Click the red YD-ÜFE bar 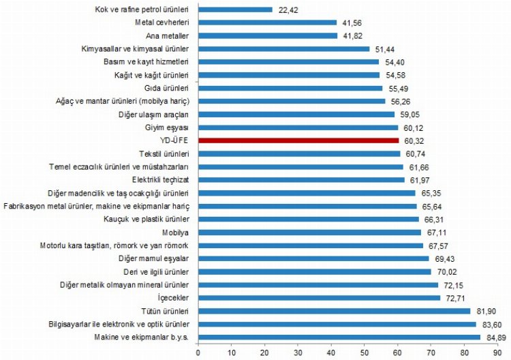[x=298, y=140]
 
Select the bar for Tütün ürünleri [x=334, y=311]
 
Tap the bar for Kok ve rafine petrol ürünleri [x=235, y=10]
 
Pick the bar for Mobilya [x=309, y=232]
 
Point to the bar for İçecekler [x=319, y=298]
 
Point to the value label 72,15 [x=454, y=285]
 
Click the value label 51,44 [x=385, y=49]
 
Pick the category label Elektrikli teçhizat [x=164, y=179]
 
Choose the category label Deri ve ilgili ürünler [x=159, y=271]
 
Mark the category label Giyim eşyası [x=172, y=127]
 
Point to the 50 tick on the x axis [x=365, y=352]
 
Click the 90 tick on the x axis [x=498, y=352]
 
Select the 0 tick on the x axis [x=198, y=352]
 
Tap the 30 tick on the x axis [x=298, y=352]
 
